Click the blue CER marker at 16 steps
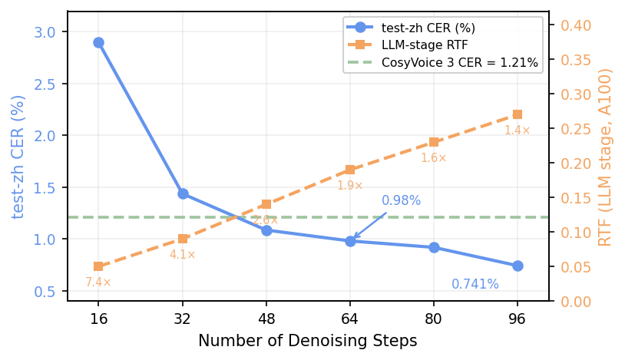[x=98, y=42]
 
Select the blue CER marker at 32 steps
[x=183, y=193]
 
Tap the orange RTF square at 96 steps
[x=518, y=114]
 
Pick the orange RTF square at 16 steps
[x=98, y=266]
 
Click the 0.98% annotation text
[x=401, y=200]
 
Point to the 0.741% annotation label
[x=475, y=285]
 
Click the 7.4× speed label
[x=98, y=282]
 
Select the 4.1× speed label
[x=183, y=255]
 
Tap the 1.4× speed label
[x=518, y=130]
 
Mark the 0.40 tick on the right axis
[x=576, y=25]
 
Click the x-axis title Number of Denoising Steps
[x=307, y=341]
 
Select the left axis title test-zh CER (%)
[x=18, y=157]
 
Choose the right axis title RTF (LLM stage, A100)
[x=606, y=157]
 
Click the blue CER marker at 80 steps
[x=434, y=247]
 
